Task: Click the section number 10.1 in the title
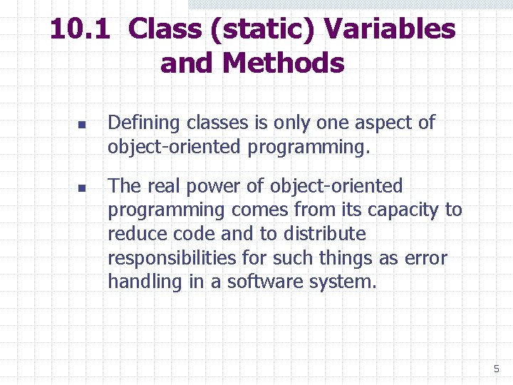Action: tap(81, 29)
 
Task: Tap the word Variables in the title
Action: tap(389, 29)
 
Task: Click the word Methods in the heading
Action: tap(283, 63)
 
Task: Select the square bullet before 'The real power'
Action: tap(81, 188)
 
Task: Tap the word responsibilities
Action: tap(174, 257)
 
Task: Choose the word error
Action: tap(426, 257)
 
